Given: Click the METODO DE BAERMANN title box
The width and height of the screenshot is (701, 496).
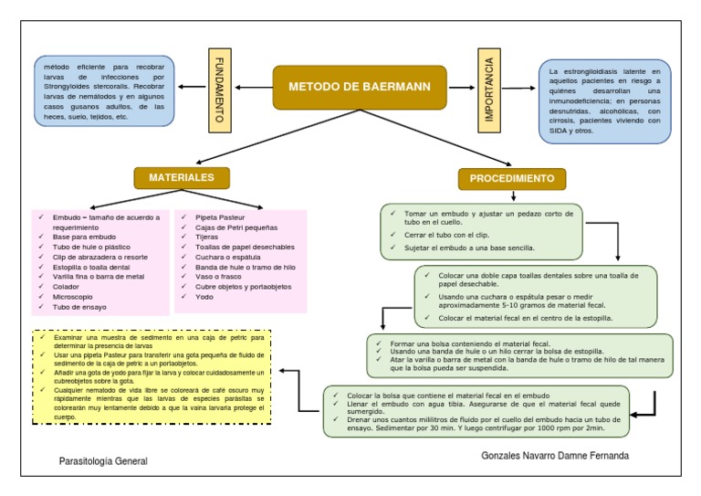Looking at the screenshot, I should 360,88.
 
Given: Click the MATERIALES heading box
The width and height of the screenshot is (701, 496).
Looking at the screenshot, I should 182,177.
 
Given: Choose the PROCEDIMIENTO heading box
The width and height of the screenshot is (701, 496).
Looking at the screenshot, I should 512,179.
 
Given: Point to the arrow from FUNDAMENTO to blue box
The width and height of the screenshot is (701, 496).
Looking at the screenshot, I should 194,88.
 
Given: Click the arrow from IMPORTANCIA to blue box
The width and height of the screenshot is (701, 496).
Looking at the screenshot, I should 518,89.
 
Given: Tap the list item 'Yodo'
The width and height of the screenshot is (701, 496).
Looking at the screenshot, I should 204,297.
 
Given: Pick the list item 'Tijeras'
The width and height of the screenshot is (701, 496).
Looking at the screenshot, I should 209,237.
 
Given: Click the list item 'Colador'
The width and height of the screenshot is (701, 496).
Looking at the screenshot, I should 72,286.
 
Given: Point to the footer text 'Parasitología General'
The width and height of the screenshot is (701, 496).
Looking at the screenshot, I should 103,462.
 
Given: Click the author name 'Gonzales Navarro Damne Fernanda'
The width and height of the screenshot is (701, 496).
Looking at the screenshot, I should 555,456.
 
